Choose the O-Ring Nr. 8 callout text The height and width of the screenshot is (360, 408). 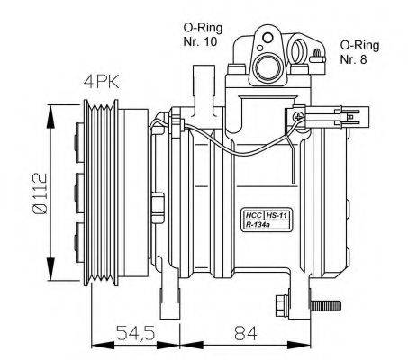pos(359,52)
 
